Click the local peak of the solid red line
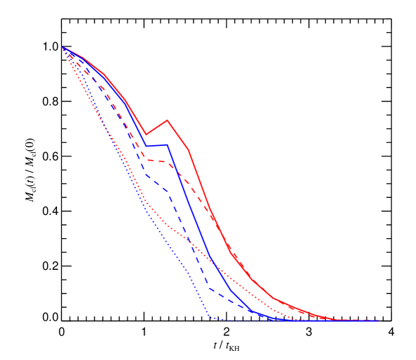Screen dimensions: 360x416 coord(168,120)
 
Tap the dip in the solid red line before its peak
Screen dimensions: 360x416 coord(146,134)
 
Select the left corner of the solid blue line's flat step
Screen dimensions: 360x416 coord(146,146)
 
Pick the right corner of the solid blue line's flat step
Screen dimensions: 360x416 coord(168,144)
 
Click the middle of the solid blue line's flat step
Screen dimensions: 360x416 coord(157,145)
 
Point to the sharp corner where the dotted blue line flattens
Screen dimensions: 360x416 coord(210,318)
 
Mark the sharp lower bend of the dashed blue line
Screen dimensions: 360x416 coord(210,287)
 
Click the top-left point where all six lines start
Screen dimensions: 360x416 coord(63,48)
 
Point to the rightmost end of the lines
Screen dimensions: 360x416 coord(378,321)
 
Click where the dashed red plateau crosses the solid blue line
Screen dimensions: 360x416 coord(173,166)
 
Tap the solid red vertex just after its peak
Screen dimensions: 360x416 coord(189,149)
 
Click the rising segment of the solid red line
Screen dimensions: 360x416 coord(157,127)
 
